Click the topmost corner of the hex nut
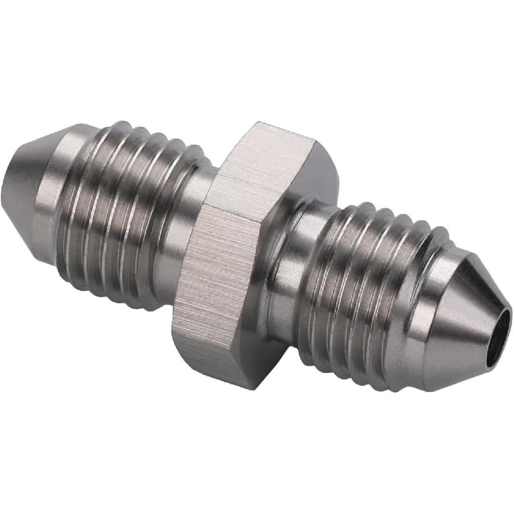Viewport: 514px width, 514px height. [x=259, y=123]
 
